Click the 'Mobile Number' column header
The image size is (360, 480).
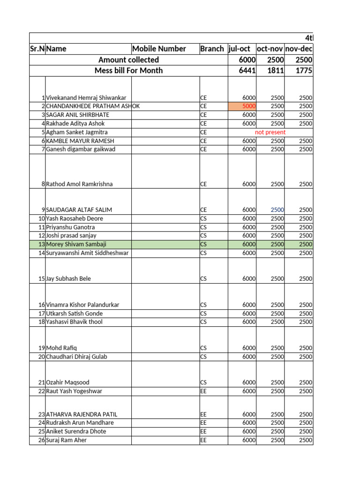click(159, 49)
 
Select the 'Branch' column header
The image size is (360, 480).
click(212, 49)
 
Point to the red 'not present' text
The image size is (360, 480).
click(270, 132)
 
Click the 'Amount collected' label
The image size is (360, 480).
click(128, 60)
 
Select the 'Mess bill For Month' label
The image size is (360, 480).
click(128, 70)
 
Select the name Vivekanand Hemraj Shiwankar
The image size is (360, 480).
click(86, 98)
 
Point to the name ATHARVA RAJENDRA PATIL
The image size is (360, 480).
click(82, 414)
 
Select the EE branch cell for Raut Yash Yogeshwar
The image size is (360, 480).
click(203, 391)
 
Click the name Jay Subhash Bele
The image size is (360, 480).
click(68, 279)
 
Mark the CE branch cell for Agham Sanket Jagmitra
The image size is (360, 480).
click(203, 132)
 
